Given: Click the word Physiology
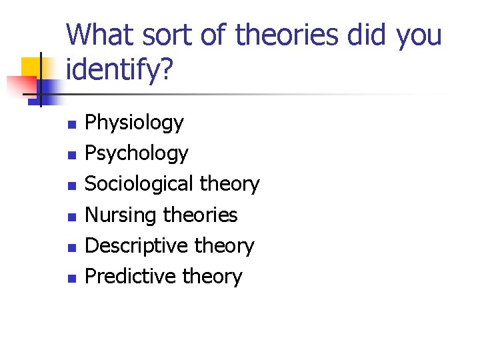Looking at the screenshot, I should click(134, 123).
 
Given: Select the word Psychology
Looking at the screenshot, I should click(137, 154).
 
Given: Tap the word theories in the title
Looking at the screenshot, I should click(277, 35).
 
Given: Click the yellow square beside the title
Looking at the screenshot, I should click(31, 67).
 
